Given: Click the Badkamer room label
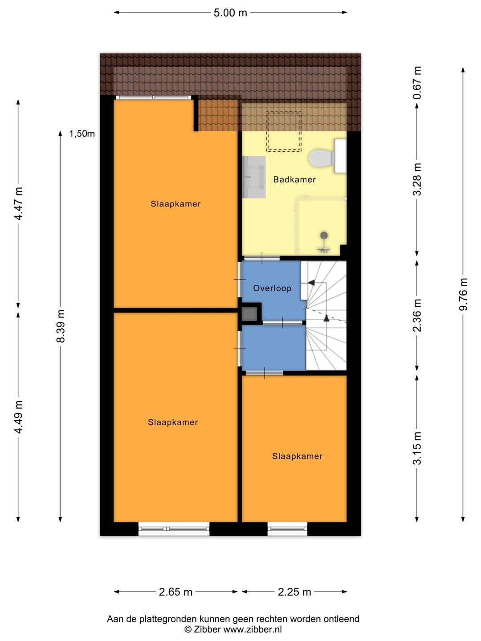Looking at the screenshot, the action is coord(294,179).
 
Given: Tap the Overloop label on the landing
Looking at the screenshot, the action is coord(272,288).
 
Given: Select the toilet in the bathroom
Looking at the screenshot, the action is coord(327,156).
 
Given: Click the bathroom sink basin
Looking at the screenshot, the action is coord(254,177).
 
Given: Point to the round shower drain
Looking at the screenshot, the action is coord(324,235).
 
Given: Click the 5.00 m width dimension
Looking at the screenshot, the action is coord(230,12).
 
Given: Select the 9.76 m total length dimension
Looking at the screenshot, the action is coord(463,294).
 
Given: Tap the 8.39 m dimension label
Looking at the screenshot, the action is coord(61,326).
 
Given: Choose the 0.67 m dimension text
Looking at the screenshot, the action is coord(417,83).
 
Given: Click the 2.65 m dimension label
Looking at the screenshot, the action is coord(176,592).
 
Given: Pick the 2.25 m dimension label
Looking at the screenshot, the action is coord(294,592).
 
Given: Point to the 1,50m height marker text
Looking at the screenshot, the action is coord(82,134).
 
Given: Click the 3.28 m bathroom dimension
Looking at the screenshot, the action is coord(417,179).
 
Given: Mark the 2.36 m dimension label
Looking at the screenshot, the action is coord(417,316).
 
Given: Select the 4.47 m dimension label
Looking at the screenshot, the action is coord(18,203).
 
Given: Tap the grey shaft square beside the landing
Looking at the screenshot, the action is coord(250,313).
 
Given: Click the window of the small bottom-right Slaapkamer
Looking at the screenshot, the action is coord(287,529).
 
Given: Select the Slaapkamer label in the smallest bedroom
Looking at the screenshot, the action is coord(298,456).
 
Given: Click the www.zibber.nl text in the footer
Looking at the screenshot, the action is coord(253,629).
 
